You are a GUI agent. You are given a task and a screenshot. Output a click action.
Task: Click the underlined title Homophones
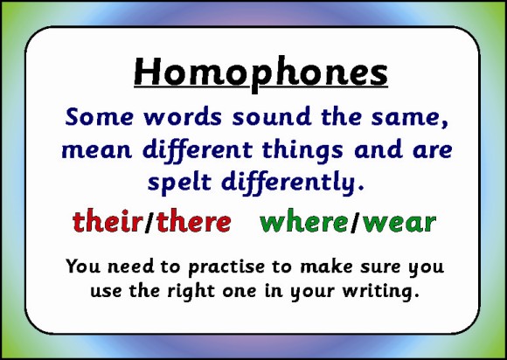pos(260,73)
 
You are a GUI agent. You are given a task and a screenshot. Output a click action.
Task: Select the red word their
pos(106,222)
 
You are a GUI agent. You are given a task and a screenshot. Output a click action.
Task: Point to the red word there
pos(193,222)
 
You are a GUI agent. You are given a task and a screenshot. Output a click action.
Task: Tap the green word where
pos(303,223)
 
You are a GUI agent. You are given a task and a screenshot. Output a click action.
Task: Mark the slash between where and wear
pos(355,223)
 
